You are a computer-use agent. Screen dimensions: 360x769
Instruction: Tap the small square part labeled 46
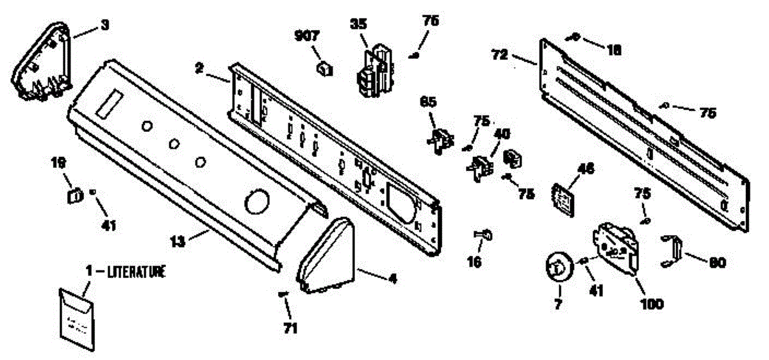point(563,197)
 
